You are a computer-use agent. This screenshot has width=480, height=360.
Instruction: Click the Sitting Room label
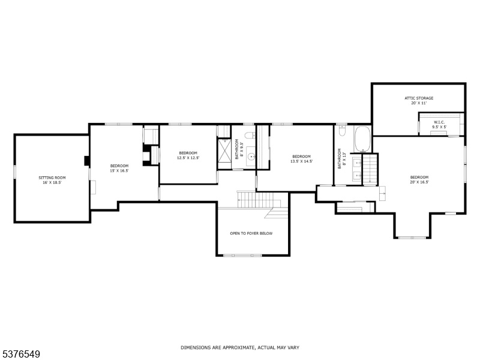[x=52, y=178]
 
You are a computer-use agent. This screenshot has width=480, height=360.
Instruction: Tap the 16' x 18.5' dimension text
[x=52, y=182]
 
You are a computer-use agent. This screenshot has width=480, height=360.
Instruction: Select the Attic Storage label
[x=419, y=98]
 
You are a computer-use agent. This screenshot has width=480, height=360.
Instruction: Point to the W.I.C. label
[x=439, y=122]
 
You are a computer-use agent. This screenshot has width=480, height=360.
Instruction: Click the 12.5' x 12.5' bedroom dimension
[x=188, y=158]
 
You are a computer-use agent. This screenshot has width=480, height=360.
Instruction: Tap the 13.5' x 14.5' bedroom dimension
[x=302, y=161]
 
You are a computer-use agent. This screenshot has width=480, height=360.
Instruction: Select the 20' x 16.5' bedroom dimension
[x=419, y=182]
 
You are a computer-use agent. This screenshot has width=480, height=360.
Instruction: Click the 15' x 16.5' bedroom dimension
[x=119, y=171]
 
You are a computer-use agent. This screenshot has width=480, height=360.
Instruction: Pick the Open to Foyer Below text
[x=251, y=233]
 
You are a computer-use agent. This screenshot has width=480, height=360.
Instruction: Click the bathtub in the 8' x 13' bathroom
[x=362, y=139]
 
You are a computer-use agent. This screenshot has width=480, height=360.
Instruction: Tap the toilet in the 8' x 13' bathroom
[x=342, y=130]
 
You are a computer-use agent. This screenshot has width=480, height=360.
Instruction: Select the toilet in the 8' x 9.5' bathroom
[x=250, y=135]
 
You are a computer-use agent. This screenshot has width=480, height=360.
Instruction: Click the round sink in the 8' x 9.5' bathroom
[x=251, y=157]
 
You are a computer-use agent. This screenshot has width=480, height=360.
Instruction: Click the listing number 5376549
[x=20, y=355]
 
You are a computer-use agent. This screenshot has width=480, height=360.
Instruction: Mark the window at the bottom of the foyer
[x=242, y=255]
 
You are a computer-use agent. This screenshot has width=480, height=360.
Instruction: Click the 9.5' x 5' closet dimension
[x=439, y=127]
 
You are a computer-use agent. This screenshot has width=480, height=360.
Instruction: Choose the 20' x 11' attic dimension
[x=419, y=103]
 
